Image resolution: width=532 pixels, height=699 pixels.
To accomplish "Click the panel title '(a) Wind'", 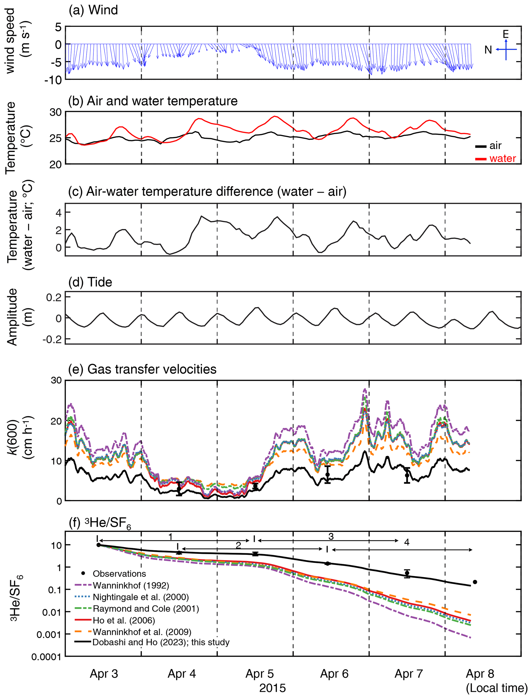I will [x=93, y=11].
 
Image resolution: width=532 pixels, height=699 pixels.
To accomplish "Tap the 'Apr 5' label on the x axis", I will [x=259, y=674].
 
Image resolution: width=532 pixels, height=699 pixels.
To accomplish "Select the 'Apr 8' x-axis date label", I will [x=480, y=674].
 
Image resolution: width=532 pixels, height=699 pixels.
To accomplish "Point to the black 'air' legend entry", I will [x=495, y=146].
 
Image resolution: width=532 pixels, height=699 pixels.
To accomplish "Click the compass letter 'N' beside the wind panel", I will [x=488, y=50].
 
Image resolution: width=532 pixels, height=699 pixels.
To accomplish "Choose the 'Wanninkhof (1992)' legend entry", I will [x=131, y=585].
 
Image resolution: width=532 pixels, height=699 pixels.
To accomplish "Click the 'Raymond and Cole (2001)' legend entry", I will [x=146, y=608].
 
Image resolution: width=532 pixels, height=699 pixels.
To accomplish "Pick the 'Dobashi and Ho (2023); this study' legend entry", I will [x=161, y=642].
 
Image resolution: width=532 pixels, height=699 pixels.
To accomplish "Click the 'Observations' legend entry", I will [x=119, y=574].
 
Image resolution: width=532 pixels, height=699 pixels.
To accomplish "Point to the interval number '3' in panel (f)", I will [x=331, y=537].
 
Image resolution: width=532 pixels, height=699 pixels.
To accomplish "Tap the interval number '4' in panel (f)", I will [x=407, y=542].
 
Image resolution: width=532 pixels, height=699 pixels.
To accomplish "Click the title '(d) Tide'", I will [x=90, y=282].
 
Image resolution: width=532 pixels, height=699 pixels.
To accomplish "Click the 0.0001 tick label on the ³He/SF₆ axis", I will [x=46, y=657].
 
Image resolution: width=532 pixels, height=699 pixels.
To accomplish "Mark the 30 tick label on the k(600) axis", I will [x=56, y=380].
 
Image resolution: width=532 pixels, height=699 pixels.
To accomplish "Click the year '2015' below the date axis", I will [x=272, y=688].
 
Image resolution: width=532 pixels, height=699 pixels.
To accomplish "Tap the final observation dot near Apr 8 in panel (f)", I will [x=475, y=582].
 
